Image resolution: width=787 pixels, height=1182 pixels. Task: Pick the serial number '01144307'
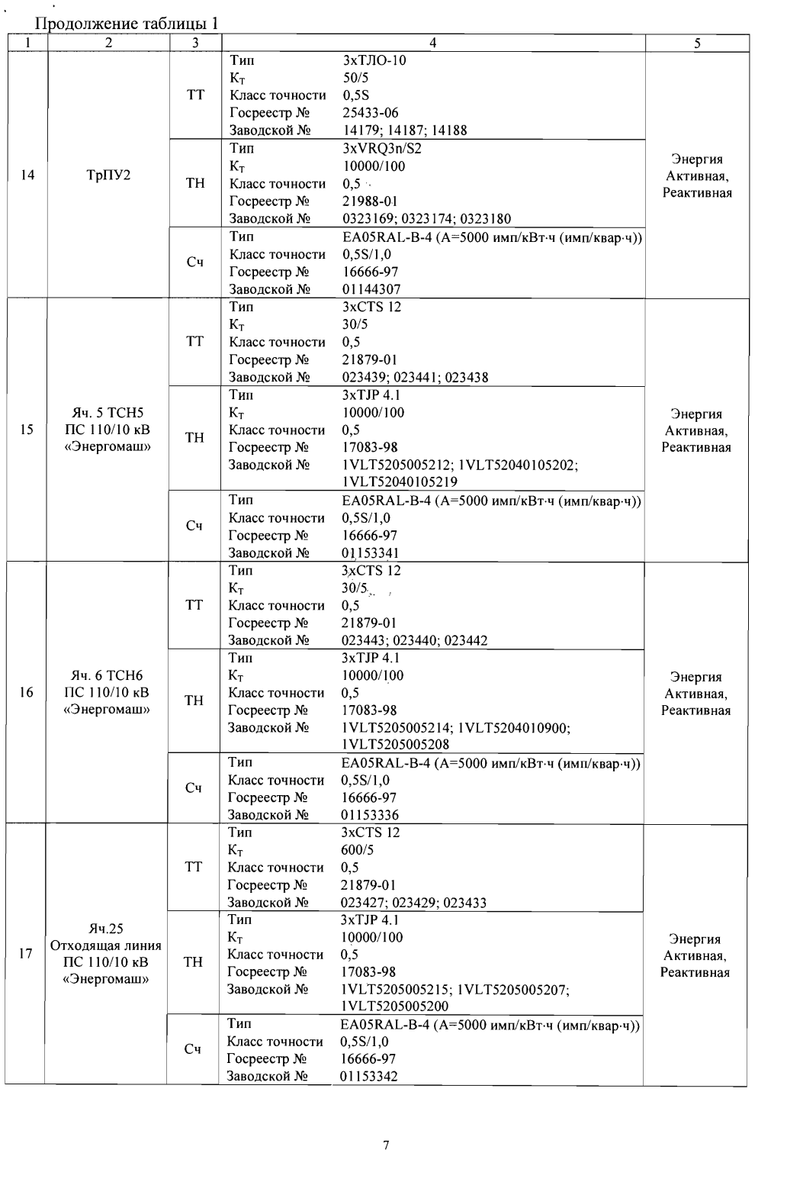coord(371,289)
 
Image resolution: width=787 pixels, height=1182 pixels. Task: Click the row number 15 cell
coord(27,430)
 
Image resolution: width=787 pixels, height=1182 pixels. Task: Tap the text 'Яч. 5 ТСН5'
coord(108,414)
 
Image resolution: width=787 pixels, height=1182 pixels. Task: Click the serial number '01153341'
coord(371,552)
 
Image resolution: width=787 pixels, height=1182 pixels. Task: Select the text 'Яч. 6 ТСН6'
coord(108,676)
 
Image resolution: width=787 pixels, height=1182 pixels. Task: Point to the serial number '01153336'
coord(371,815)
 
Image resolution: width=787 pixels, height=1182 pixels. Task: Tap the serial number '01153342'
coord(371,1076)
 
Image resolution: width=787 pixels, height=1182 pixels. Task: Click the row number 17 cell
coord(26,954)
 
